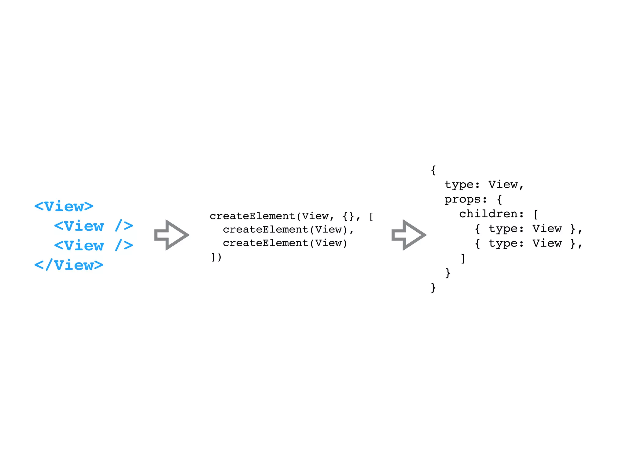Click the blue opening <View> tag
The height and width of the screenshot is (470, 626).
pos(64,207)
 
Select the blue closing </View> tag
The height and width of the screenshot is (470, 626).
pos(69,265)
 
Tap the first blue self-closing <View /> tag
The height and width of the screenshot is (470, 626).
pos(94,226)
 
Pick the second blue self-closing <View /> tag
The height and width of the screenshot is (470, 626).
pos(94,245)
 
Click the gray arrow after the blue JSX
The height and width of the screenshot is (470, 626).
pos(171,235)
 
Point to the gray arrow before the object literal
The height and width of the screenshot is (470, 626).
pos(409,235)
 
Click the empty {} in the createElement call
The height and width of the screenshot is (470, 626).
pos(348,216)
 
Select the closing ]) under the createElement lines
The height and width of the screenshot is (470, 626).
pos(216,257)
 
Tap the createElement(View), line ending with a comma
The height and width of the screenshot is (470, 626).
pos(288,230)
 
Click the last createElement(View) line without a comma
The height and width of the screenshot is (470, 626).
pos(285,243)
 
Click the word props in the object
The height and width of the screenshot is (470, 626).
pos(462,200)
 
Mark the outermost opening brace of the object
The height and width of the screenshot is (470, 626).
pos(433,170)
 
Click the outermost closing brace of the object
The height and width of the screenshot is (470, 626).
pos(433,288)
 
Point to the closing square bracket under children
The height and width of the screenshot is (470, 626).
pos(463,259)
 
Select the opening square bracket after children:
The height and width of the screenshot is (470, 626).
pos(536,214)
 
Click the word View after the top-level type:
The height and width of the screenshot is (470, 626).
pos(503,185)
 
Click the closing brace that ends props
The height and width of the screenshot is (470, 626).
pos(448,273)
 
